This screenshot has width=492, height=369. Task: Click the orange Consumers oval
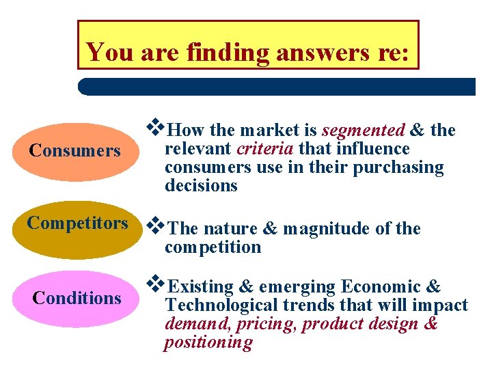tap(74, 151)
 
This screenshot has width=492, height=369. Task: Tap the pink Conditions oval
tap(76, 299)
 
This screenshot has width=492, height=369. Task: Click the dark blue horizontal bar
tap(277, 86)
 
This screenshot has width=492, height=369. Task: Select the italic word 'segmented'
tap(363, 130)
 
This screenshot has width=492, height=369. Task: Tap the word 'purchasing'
tap(398, 167)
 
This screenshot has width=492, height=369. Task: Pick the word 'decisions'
tap(201, 186)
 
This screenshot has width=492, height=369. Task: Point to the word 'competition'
tap(213, 247)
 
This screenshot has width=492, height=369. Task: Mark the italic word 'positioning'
tap(208, 342)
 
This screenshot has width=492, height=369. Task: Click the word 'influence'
tap(373, 149)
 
